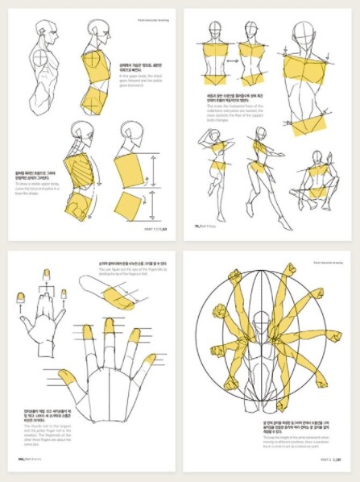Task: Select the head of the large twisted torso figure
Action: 307,31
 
